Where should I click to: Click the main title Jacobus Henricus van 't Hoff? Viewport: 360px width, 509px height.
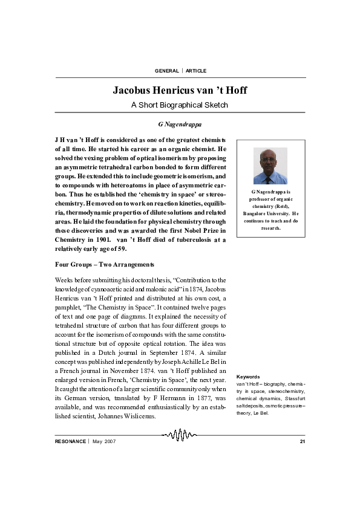(x=180, y=91)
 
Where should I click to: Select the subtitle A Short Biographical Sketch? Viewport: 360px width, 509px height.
(x=180, y=105)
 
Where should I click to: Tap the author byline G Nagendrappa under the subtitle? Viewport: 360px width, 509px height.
(x=180, y=124)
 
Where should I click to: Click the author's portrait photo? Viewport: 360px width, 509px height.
(x=270, y=166)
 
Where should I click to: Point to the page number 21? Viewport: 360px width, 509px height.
(x=303, y=441)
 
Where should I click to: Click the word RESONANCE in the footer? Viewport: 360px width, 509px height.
(x=70, y=441)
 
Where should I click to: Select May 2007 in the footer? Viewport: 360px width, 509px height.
(x=104, y=441)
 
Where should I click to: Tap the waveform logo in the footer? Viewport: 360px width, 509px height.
(x=180, y=435)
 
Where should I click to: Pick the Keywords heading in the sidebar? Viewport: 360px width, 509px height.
(x=248, y=377)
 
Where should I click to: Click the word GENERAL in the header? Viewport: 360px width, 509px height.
(x=167, y=71)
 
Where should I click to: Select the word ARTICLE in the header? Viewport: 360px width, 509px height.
(x=196, y=71)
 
